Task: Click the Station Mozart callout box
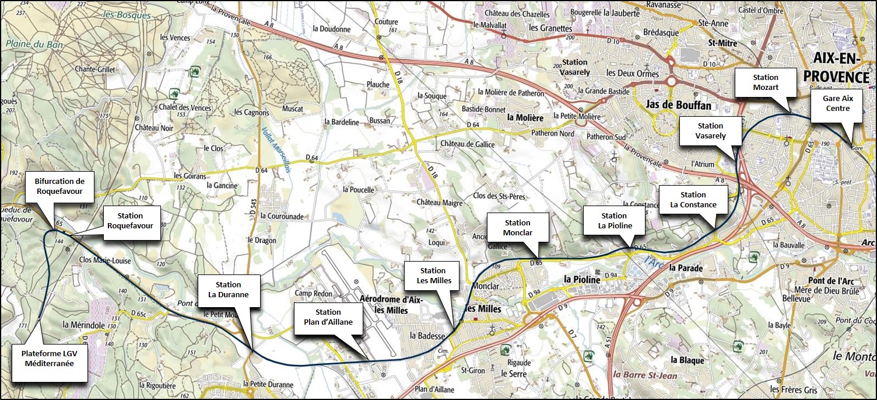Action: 766,82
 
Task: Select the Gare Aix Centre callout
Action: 836,104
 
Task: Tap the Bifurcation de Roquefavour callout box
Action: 59,186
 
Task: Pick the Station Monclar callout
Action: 517,228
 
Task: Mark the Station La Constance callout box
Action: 693,200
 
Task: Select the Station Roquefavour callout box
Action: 129,221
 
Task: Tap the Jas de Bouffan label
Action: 678,105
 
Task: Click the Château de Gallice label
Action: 468,144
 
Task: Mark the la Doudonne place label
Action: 331,29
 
